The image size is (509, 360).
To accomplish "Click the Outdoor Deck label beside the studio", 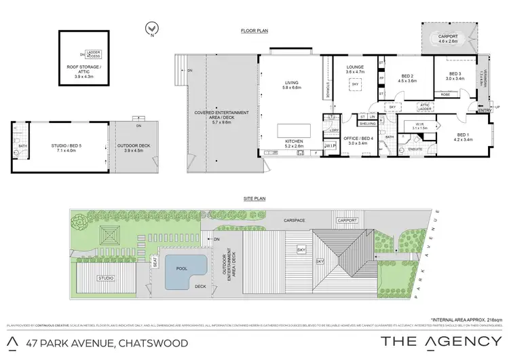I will [x=138, y=145].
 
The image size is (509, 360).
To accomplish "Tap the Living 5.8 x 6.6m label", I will [x=296, y=86].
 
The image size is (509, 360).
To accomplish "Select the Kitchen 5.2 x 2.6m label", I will [x=296, y=144].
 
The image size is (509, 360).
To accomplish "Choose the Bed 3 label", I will [x=455, y=75].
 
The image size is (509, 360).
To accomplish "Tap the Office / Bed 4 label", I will [x=355, y=141].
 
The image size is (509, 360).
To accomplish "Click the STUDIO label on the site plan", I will [x=105, y=278].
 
